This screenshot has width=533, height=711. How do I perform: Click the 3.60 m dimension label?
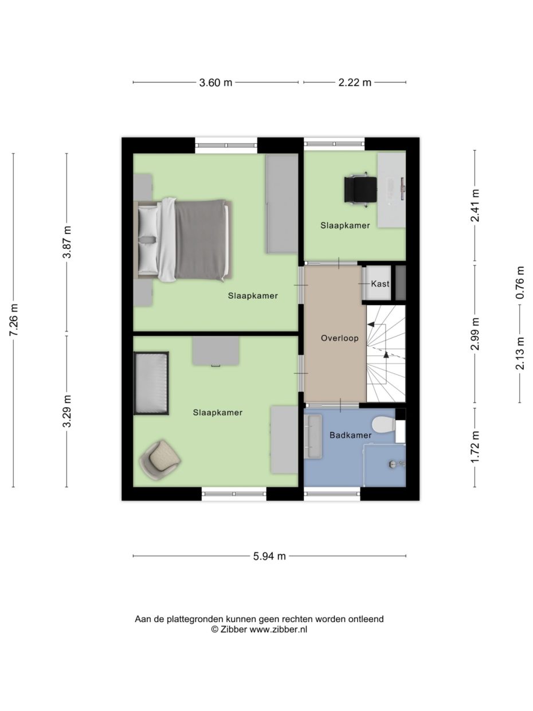(215, 83)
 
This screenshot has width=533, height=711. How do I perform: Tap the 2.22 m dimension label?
(354, 83)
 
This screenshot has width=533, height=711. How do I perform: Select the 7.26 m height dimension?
(14, 321)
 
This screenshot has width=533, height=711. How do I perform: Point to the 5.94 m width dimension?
(269, 556)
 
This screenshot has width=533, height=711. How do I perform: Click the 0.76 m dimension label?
(520, 283)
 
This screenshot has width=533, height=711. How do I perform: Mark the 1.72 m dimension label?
(475, 447)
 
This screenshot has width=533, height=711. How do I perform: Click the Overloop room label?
(339, 338)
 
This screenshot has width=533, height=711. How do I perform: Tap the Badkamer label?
(350, 435)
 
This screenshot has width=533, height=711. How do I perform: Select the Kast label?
(380, 284)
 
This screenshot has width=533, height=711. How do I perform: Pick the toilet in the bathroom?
(382, 425)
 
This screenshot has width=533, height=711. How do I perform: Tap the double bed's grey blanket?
(201, 240)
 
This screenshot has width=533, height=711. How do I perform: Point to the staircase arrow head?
(386, 355)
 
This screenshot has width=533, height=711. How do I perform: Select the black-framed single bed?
(151, 383)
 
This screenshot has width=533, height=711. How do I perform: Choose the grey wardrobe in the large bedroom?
(281, 204)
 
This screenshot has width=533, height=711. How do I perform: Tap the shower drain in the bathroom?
(393, 463)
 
